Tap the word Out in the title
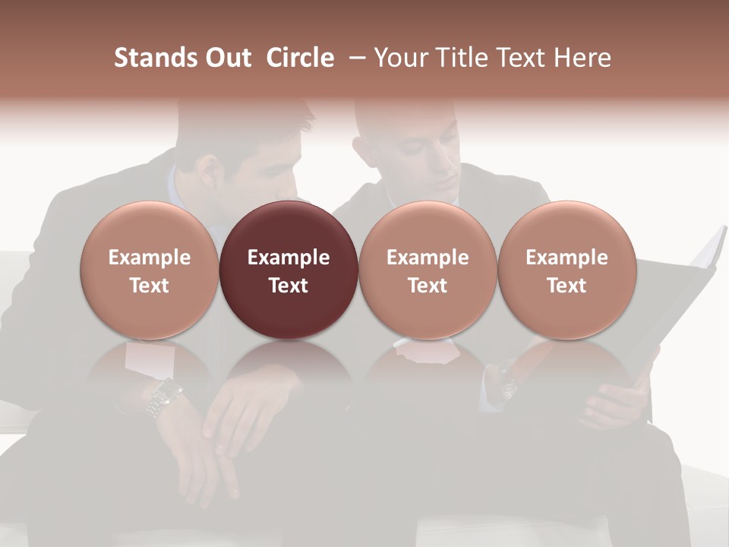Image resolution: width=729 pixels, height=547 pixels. [226, 58]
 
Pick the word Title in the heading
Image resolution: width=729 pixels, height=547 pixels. [464, 58]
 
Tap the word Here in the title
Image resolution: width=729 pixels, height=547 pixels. [581, 58]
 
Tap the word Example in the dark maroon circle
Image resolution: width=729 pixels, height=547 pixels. [289, 258]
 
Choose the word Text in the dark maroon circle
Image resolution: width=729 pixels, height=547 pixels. [289, 286]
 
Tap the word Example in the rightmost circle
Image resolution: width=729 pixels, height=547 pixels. [566, 258]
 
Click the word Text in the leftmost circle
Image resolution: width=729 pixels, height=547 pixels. [150, 286]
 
